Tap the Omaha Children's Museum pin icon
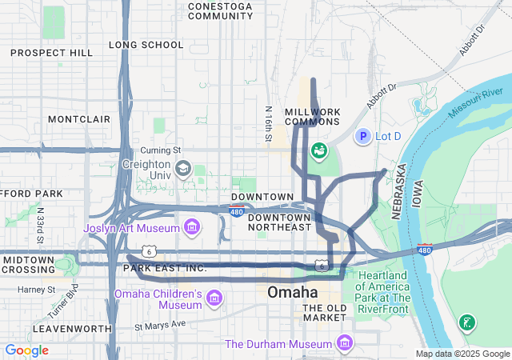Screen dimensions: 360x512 pos(214,299)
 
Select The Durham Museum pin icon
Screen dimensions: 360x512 pos(345,343)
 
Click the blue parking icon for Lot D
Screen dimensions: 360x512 pos(362,137)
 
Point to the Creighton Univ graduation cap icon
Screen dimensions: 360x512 pos(183,168)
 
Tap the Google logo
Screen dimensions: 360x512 pos(26,350)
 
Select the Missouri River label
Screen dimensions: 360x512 pos(481,105)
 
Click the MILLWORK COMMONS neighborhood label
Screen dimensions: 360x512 pos(312,116)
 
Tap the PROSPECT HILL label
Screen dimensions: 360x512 pos(52,53)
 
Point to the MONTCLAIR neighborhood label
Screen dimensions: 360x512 pos(78,118)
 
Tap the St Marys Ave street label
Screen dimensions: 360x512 pos(159,325)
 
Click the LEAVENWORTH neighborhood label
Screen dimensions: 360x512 pos(72,329)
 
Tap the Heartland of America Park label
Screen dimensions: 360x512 pos(384,287)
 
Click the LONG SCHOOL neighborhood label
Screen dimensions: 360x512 pos(146,45)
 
